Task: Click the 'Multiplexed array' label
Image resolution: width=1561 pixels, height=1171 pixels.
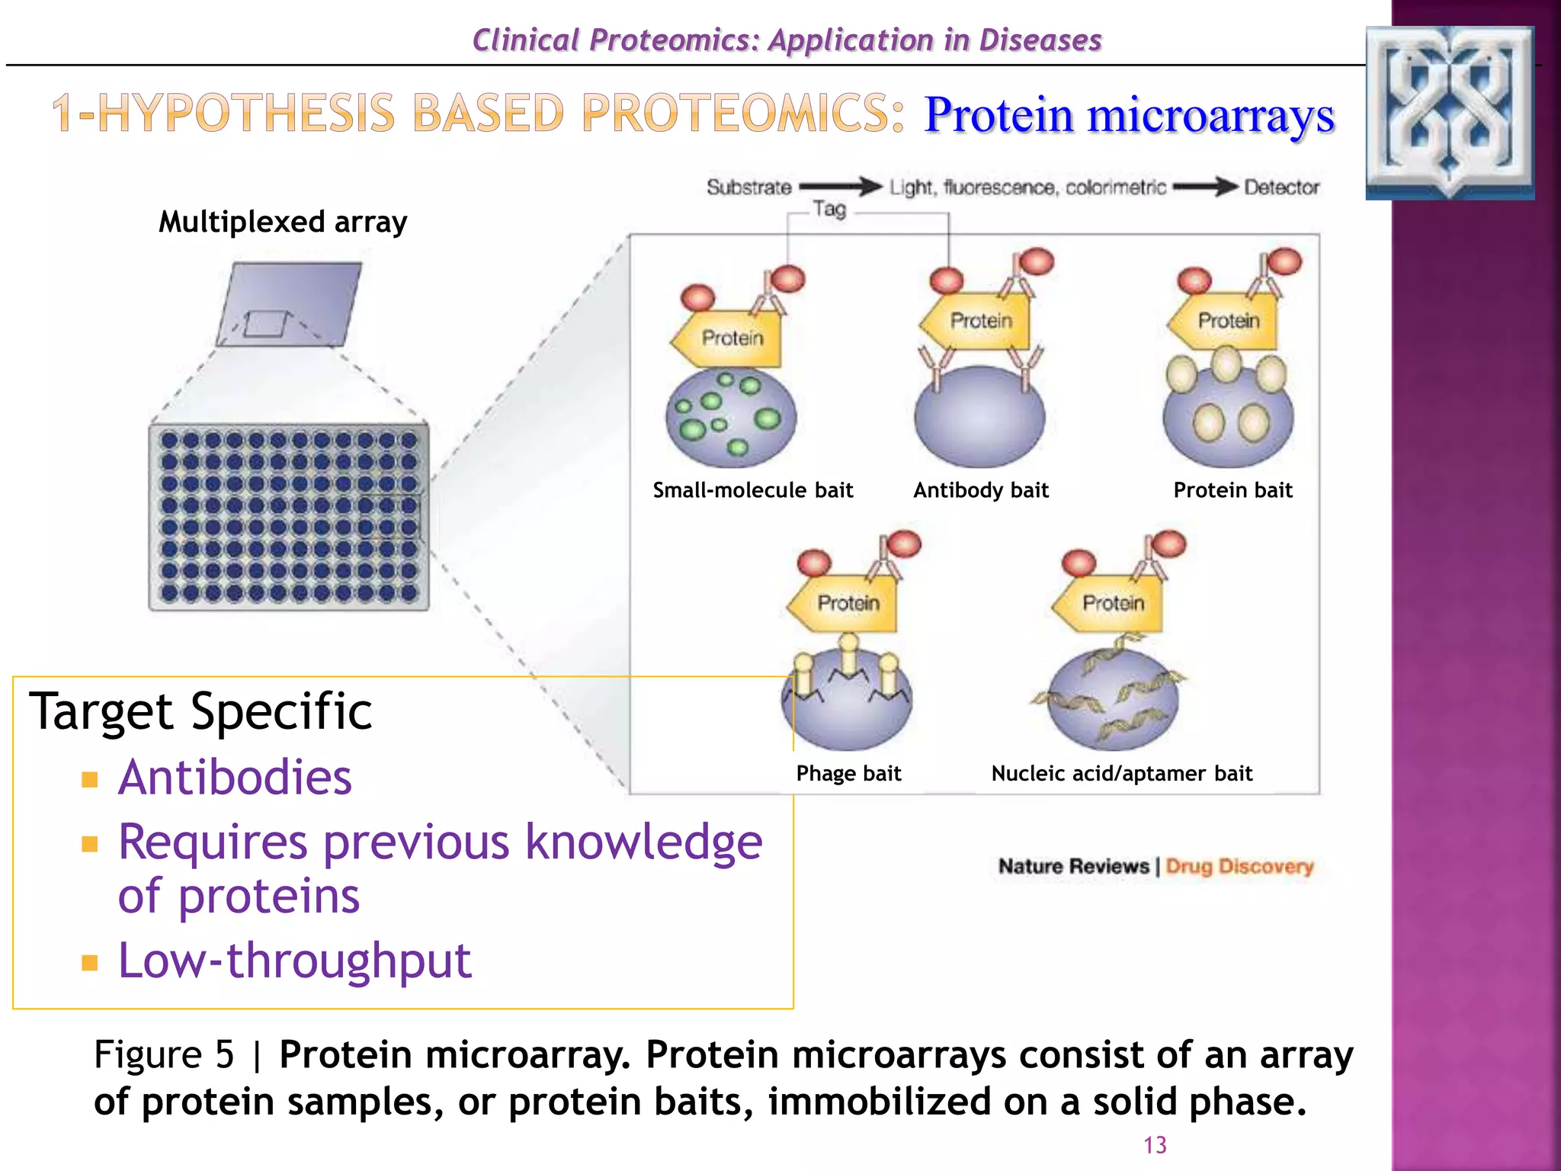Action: pos(283,222)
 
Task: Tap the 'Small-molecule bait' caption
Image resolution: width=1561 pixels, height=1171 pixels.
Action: pos(752,490)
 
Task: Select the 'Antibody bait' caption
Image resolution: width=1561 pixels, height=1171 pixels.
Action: pos(981,490)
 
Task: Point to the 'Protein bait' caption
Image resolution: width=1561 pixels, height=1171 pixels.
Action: pos(1232,490)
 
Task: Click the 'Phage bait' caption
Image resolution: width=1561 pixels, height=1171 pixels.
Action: pos(848,774)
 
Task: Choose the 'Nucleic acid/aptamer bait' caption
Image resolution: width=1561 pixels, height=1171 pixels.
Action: pos(1121,774)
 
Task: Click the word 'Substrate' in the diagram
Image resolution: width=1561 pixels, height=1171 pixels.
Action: pos(748,188)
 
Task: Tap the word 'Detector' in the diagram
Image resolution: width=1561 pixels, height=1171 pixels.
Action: pos(1281,188)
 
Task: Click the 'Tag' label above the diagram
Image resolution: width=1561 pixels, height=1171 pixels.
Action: pos(829,209)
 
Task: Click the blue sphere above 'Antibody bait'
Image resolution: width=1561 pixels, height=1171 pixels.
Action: pos(979,417)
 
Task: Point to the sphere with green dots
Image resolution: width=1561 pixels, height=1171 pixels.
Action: pos(730,418)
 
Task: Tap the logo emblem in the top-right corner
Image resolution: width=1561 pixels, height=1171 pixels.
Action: pos(1450,113)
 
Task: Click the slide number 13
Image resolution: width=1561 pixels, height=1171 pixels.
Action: pos(1155,1145)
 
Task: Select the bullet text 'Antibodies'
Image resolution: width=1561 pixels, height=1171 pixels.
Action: pos(235,778)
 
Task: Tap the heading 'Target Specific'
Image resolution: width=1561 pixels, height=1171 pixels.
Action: pos(200,711)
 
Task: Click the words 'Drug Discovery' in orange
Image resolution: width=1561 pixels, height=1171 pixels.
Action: pos(1239,867)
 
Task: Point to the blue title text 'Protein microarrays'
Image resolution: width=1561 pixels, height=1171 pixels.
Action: pos(1129,116)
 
